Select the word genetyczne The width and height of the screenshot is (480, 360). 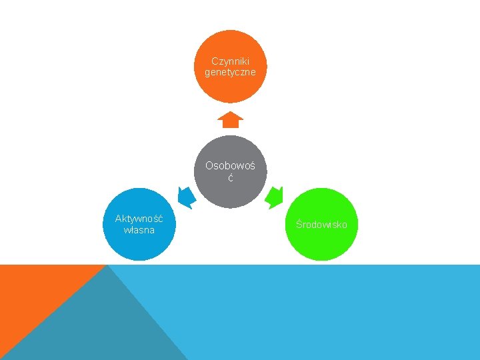[x=230, y=71]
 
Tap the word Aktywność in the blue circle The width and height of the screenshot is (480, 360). [x=135, y=219]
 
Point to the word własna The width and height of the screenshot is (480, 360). [x=139, y=229]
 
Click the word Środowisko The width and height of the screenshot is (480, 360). [x=321, y=225]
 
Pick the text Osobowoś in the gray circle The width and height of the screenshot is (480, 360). [x=230, y=165]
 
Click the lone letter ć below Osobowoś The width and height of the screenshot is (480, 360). [x=230, y=177]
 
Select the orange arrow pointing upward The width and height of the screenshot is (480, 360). [x=230, y=120]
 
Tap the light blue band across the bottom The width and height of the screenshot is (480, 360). [x=333, y=313]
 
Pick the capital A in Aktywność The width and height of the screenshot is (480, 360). [x=118, y=219]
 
